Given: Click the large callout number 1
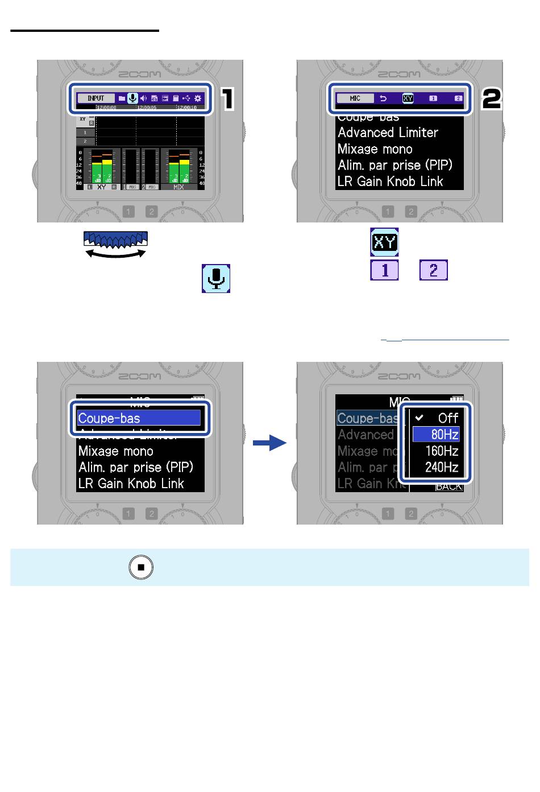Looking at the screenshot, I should click(x=227, y=99).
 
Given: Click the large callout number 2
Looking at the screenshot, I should click(x=492, y=99).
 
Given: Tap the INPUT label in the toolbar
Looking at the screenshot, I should click(x=96, y=98).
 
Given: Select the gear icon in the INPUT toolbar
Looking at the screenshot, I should click(x=198, y=98).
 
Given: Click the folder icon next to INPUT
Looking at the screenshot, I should click(x=122, y=98).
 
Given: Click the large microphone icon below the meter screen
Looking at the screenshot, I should click(x=216, y=278).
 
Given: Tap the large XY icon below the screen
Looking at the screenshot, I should click(x=384, y=242).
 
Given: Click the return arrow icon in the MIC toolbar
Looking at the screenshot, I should click(x=383, y=98).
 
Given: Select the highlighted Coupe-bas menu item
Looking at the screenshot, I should click(x=139, y=418).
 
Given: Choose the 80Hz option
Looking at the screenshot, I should click(x=437, y=435).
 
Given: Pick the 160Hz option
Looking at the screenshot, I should click(x=437, y=451).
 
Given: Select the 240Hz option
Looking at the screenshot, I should click(x=437, y=468).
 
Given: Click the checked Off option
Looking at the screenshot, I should click(x=437, y=418).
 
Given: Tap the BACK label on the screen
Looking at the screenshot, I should click(x=448, y=487).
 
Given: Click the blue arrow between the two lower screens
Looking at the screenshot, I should click(x=269, y=443).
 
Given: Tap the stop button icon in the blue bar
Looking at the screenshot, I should click(x=142, y=567).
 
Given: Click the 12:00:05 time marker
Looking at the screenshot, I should click(x=147, y=108).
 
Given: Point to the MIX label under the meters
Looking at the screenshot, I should click(x=178, y=187).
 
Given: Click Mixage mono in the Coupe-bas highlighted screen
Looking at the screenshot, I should click(x=116, y=451).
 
